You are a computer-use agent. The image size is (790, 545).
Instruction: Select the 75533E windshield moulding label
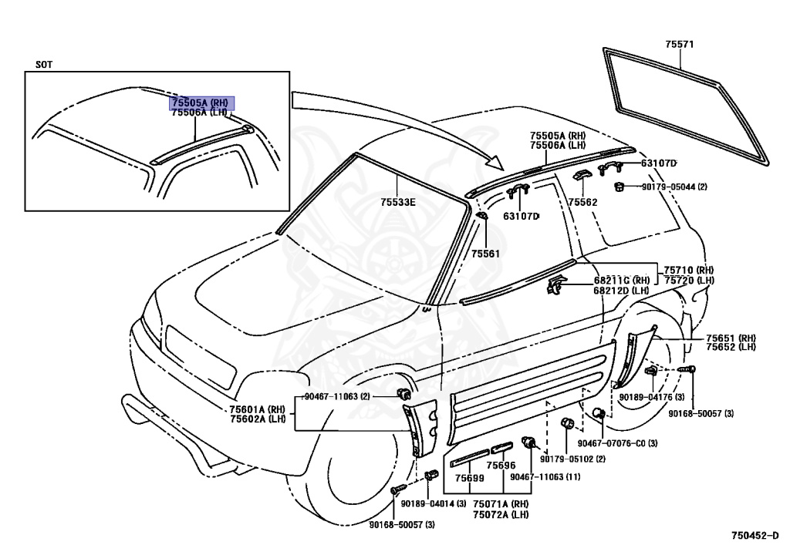tap(397, 203)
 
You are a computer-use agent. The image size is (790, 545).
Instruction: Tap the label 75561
tap(485, 253)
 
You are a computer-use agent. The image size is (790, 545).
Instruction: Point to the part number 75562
tap(582, 203)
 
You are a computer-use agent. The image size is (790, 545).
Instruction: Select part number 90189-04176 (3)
tap(651, 397)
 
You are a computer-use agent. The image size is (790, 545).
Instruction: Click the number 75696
tap(501, 466)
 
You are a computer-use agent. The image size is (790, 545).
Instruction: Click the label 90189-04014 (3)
tap(433, 503)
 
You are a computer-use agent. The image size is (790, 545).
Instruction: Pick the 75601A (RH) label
tap(258, 409)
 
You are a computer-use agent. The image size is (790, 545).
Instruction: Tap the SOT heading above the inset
tap(44, 65)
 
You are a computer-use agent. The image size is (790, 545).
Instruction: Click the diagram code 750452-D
tap(756, 533)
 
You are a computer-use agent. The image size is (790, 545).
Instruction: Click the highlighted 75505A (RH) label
tap(200, 102)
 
